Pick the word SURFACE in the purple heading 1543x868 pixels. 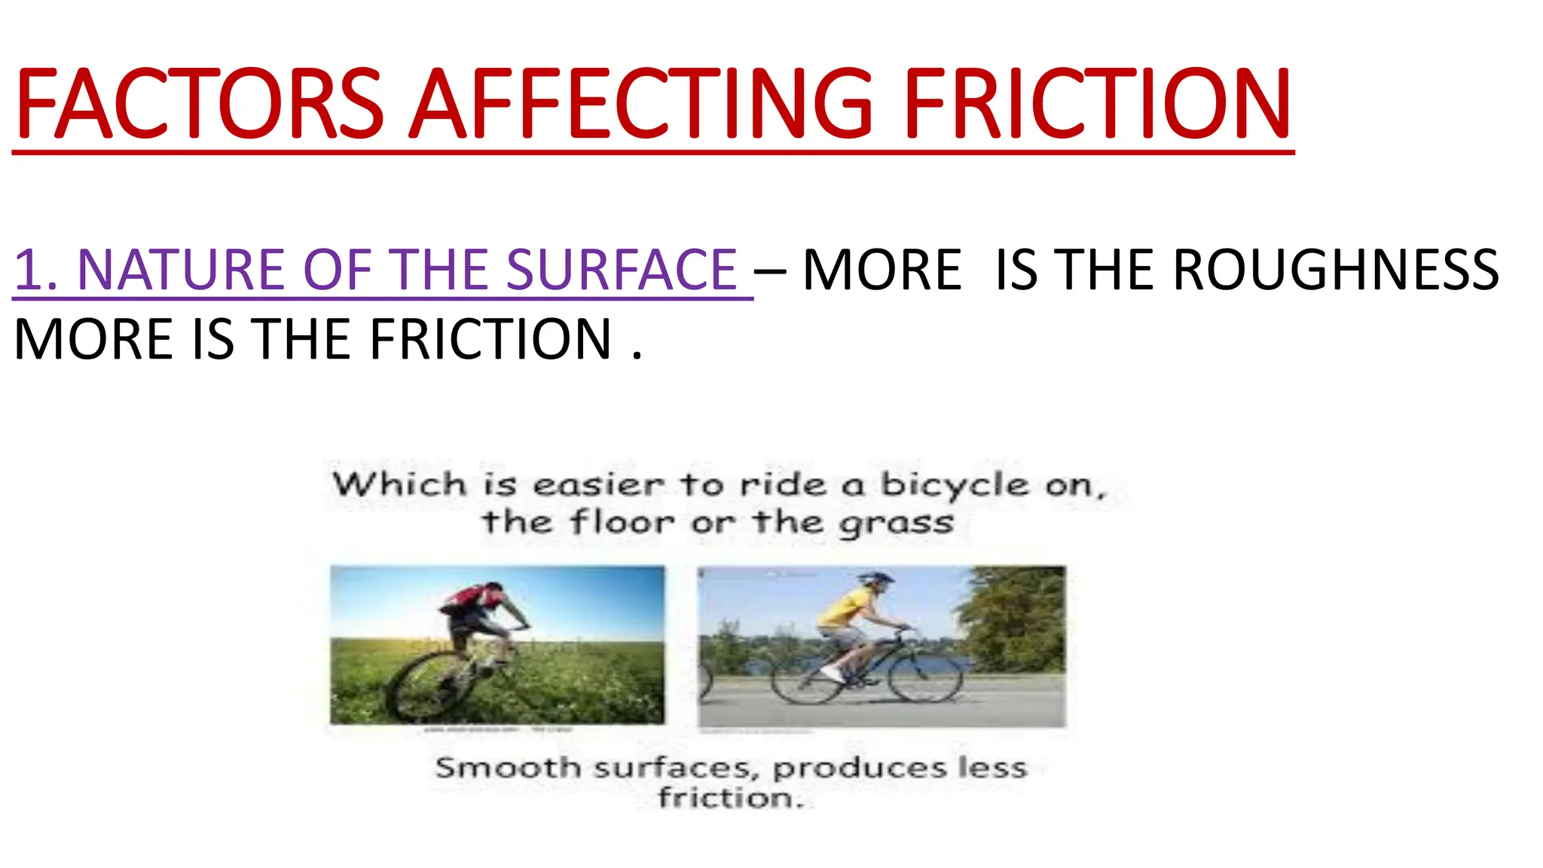621,270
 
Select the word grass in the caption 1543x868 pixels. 897,523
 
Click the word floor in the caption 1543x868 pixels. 622,521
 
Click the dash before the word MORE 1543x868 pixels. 770,270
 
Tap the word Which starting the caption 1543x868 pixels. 400,484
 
